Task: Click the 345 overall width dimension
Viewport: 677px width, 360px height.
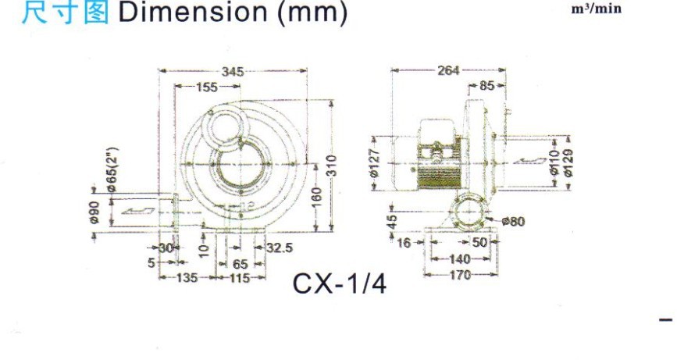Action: point(233,71)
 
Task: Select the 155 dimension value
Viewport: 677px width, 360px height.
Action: point(207,87)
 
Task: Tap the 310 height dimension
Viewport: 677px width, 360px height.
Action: point(332,166)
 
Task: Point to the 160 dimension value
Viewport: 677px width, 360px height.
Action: point(317,198)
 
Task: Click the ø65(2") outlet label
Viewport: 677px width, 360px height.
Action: point(112,169)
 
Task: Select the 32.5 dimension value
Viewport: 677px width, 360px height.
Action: point(279,248)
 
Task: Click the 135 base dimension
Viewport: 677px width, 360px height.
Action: point(187,277)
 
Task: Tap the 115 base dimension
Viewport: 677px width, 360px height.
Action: point(240,278)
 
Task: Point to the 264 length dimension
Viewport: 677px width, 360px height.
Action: point(448,70)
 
